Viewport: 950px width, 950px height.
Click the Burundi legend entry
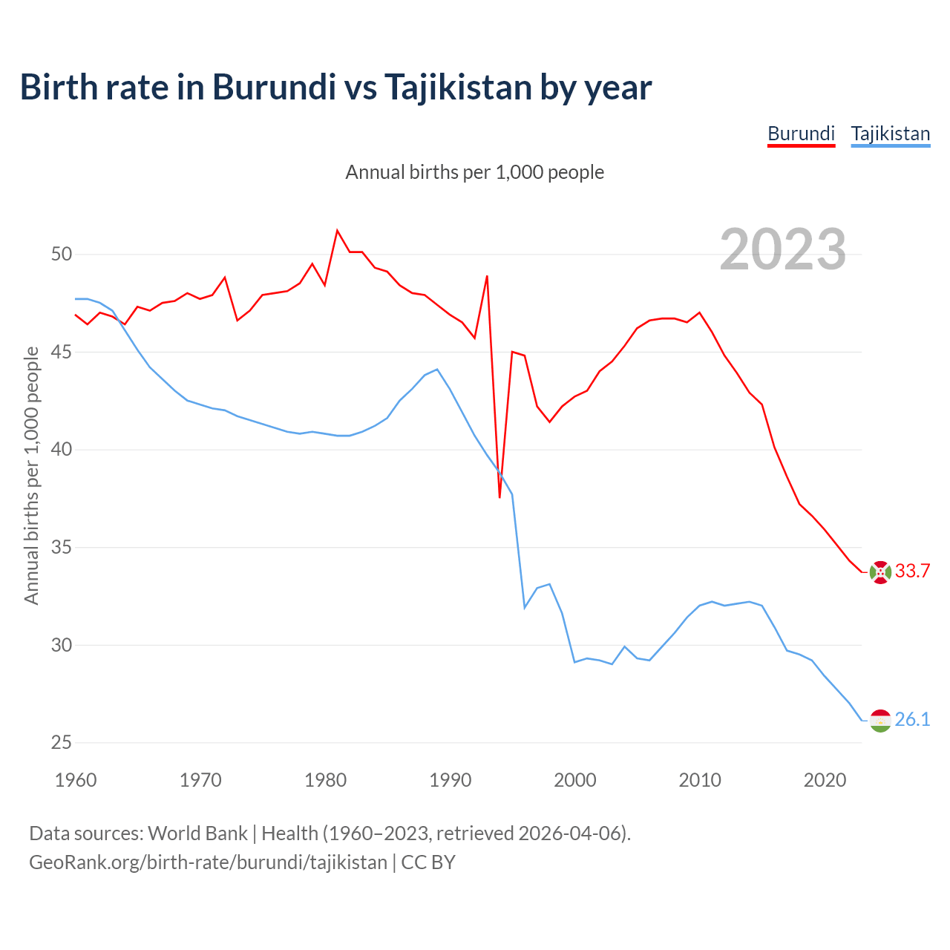[x=801, y=134]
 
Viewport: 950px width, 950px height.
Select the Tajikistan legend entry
[x=890, y=134]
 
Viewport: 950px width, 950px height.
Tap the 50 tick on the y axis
[x=62, y=255]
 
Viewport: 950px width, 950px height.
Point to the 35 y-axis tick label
[x=62, y=548]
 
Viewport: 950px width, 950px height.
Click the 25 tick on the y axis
[x=62, y=743]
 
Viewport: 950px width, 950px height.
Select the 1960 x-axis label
[x=76, y=780]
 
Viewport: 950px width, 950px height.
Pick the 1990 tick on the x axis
[x=451, y=780]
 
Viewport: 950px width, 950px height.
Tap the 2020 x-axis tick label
[x=825, y=780]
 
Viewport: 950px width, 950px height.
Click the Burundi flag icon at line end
[x=880, y=572]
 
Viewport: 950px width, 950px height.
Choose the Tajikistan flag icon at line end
[x=880, y=720]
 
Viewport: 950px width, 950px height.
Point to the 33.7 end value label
[x=912, y=571]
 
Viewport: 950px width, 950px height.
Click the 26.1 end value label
[x=912, y=719]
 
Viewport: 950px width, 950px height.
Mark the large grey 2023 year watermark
[x=783, y=249]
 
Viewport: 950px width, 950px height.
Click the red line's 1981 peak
[x=337, y=231]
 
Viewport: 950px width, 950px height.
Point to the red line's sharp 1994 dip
[x=499, y=497]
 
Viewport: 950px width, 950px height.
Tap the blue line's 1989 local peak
[x=437, y=370]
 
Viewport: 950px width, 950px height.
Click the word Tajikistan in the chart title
[x=457, y=87]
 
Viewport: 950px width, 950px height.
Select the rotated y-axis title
[x=32, y=475]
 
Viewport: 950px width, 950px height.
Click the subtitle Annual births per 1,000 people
[x=475, y=172]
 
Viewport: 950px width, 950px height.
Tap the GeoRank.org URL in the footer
[x=208, y=862]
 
